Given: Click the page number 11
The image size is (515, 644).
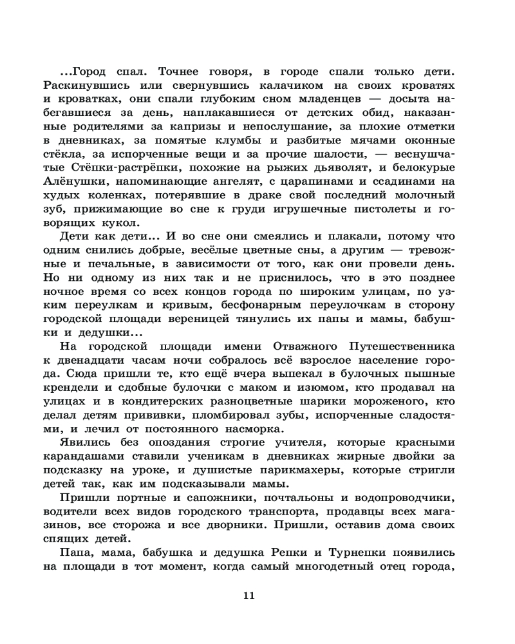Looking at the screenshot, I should [x=249, y=596].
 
